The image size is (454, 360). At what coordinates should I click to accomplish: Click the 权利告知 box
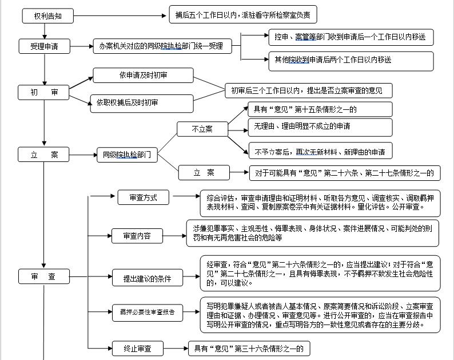(48, 16)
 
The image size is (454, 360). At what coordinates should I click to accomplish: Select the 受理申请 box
(44, 46)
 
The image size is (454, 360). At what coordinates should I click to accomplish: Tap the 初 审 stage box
(43, 93)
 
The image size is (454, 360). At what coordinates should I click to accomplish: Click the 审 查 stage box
(44, 276)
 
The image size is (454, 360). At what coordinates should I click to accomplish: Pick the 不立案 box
(202, 129)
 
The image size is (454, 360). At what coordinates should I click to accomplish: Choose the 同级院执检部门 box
(127, 155)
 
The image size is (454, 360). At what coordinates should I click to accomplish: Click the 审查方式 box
(144, 197)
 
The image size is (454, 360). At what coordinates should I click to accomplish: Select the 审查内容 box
(137, 236)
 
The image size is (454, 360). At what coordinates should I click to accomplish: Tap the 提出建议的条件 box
(148, 278)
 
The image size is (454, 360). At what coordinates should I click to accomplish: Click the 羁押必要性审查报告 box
(148, 312)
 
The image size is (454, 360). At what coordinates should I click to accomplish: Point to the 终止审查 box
(138, 349)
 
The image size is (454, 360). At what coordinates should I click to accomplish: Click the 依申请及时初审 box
(143, 76)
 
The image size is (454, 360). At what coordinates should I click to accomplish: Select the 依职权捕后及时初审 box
(142, 104)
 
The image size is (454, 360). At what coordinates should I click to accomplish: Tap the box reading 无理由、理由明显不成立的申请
(320, 127)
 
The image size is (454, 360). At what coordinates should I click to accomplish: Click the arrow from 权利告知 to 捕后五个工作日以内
(120, 15)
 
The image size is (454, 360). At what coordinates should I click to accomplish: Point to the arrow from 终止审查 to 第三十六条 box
(176, 349)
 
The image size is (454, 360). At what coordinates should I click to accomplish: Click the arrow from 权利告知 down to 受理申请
(45, 31)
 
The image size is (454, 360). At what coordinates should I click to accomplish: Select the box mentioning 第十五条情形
(320, 109)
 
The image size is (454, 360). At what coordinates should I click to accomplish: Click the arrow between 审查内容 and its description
(174, 236)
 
